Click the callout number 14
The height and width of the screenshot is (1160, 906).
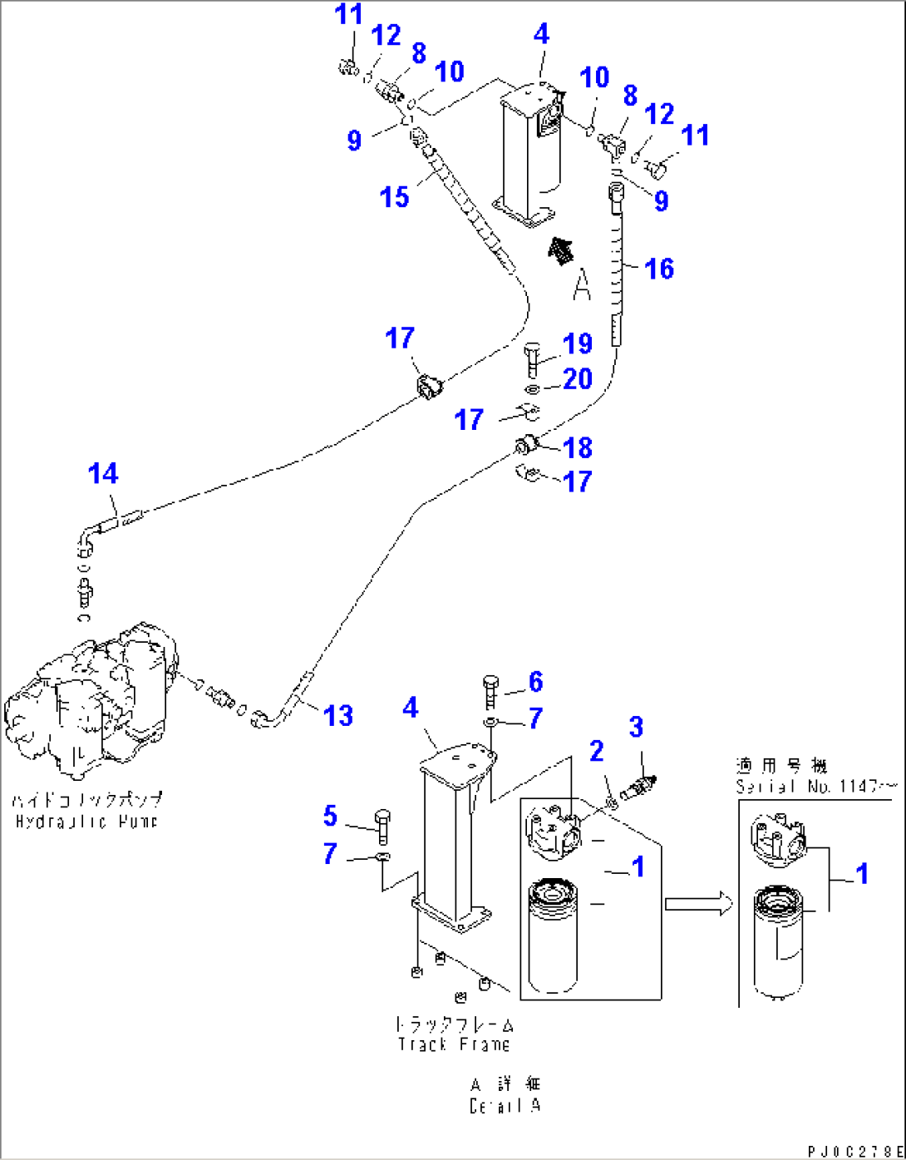coord(103,474)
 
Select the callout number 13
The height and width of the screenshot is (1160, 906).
coord(338,715)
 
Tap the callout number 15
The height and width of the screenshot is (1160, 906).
coord(395,197)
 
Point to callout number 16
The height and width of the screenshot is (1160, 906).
coord(659,269)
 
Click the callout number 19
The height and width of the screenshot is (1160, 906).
coord(578,343)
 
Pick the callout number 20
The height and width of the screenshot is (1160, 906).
coord(578,379)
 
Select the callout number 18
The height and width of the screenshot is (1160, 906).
coord(578,447)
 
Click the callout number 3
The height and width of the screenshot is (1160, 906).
coord(636,727)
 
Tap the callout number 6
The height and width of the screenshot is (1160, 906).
coord(535,682)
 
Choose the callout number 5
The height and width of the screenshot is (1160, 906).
coord(330,816)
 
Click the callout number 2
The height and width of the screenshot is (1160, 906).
coord(596,751)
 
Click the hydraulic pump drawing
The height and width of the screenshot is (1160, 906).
coord(91,698)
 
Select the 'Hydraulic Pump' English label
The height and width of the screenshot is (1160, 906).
coord(86,822)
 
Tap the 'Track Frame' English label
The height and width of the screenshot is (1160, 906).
coord(454,1044)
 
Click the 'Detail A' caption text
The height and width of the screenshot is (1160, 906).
coord(505,1106)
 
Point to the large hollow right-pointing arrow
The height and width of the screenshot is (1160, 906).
coord(698,904)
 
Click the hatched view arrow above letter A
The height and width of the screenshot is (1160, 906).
coord(561,249)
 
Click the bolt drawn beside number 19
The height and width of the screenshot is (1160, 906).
coord(533,360)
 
